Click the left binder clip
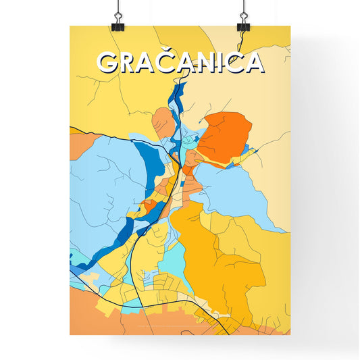[x=118, y=21]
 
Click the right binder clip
[x=242, y=21]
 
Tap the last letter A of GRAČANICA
[x=253, y=62]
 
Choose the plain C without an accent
[x=236, y=62]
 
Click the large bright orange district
[x=224, y=135]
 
